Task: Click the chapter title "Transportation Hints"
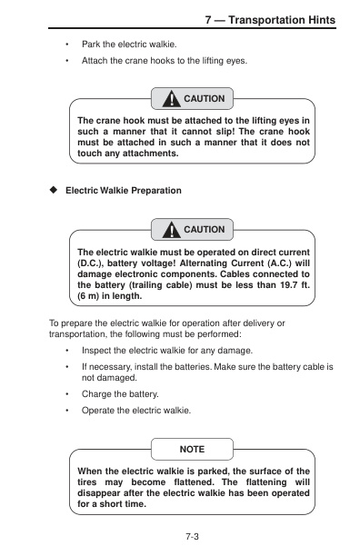coord(282,20)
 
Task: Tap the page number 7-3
coord(192,537)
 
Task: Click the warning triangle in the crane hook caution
coord(171,99)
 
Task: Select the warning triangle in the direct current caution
coord(171,230)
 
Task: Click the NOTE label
coord(192,450)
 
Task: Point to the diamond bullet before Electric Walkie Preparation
coord(54,190)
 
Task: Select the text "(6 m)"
coord(88,296)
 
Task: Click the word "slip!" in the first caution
coord(225,132)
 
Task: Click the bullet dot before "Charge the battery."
coord(66,394)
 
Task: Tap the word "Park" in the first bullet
coord(91,45)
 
